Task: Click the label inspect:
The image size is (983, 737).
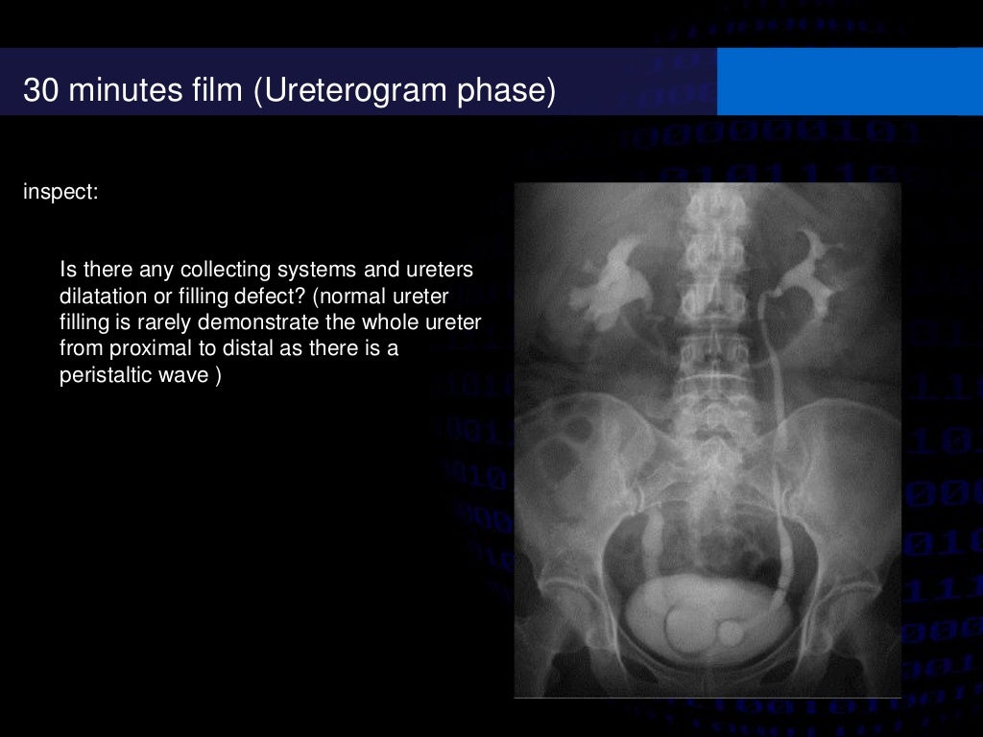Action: click(60, 192)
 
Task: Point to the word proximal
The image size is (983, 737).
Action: click(143, 347)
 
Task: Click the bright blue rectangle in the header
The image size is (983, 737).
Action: click(849, 82)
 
